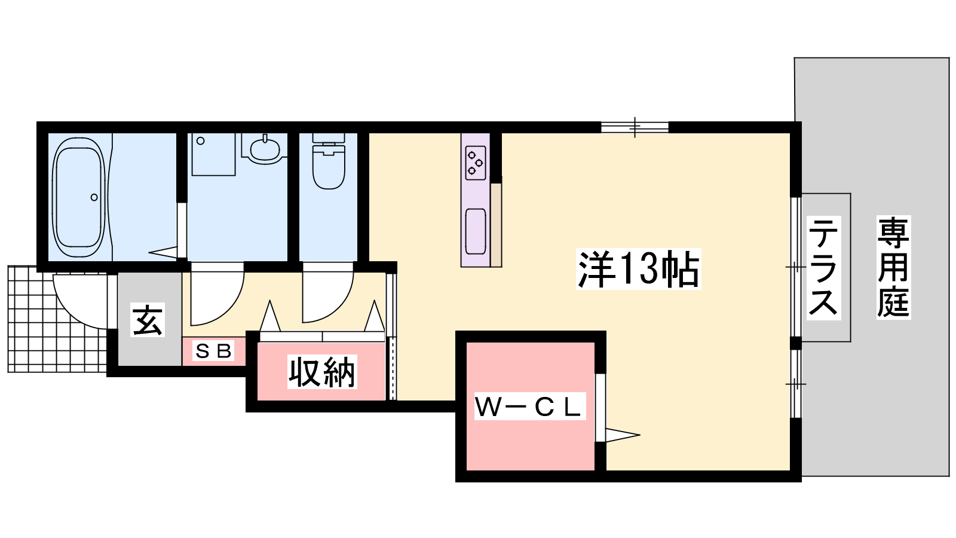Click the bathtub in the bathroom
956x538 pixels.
pos(79,197)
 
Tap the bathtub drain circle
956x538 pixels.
pos(94,197)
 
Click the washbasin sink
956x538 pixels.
pos(265,149)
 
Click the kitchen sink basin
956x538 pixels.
pos(476,231)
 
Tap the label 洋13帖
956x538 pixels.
pos(639,270)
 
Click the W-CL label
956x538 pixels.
pos(529,407)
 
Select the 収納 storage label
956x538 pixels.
pos(322,372)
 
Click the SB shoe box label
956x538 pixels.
pos(213,351)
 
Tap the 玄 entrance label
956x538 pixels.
pos(147,320)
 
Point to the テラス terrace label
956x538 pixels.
pos(824,268)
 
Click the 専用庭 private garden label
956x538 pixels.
pos(893,267)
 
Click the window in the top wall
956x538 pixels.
pos(635,127)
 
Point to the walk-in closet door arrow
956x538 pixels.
pos(623,435)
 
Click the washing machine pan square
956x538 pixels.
pos(213,154)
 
